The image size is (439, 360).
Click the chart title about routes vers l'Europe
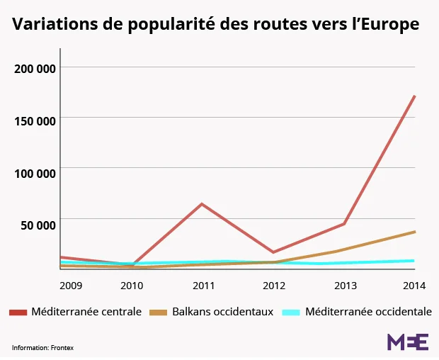pos(215,25)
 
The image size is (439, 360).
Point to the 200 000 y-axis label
pos(35,69)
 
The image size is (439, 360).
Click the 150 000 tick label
pos(35,120)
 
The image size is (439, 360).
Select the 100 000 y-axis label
pos(35,173)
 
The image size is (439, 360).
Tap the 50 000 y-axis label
pos(38,225)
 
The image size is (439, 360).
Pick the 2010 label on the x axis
pos(132,286)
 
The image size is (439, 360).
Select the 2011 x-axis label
pos(203,286)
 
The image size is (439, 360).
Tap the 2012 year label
pos(274,286)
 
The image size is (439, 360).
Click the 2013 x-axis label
pos(345,286)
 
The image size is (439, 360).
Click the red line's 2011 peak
pos(203,204)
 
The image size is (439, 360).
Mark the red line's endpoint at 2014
pos(414,96)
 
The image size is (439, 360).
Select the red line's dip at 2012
pos(273,252)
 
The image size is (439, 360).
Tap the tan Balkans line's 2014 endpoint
pos(414,232)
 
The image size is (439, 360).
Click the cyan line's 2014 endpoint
pos(414,261)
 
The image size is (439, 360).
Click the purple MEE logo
pos(407,342)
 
